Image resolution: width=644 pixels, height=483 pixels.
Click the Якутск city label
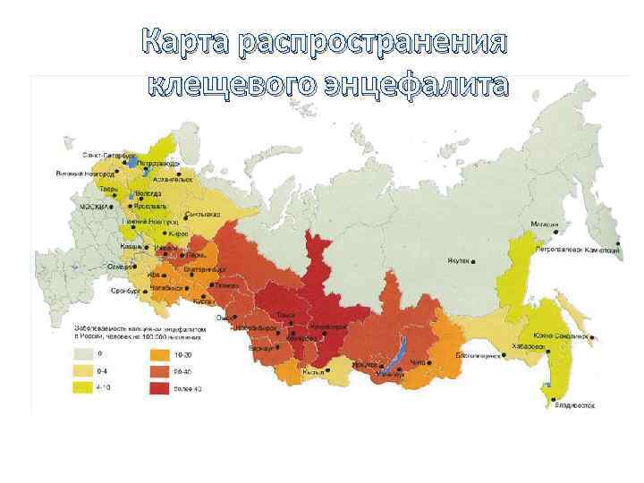(x=455, y=262)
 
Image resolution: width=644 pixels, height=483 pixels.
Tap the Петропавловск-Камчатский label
(x=590, y=250)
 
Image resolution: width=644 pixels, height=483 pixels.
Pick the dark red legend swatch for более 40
(x=161, y=388)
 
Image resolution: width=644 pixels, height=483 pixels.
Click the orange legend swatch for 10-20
(x=161, y=353)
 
